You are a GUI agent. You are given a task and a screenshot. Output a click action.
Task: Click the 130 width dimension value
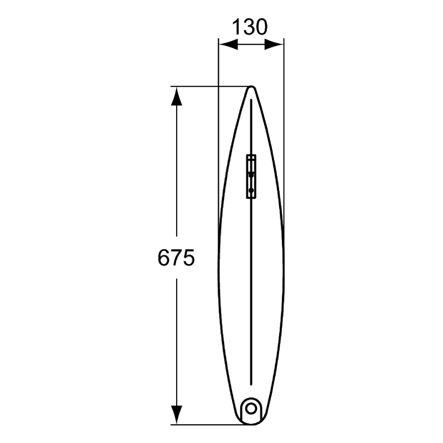(250, 27)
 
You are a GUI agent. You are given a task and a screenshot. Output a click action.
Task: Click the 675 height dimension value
(176, 257)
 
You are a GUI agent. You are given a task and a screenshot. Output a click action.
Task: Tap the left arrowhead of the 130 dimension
(228, 44)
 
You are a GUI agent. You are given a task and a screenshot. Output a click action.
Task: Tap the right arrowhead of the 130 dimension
(274, 44)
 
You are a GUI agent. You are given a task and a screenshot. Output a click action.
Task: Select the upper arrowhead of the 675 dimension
(177, 96)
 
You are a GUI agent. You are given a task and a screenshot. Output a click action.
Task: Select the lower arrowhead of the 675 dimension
(177, 414)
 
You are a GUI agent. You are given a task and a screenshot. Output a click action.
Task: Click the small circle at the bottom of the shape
(251, 409)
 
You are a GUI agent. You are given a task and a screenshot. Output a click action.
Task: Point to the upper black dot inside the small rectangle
(251, 175)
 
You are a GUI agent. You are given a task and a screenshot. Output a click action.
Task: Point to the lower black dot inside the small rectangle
(251, 190)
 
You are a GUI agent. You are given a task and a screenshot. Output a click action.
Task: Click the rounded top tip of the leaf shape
(251, 86)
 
